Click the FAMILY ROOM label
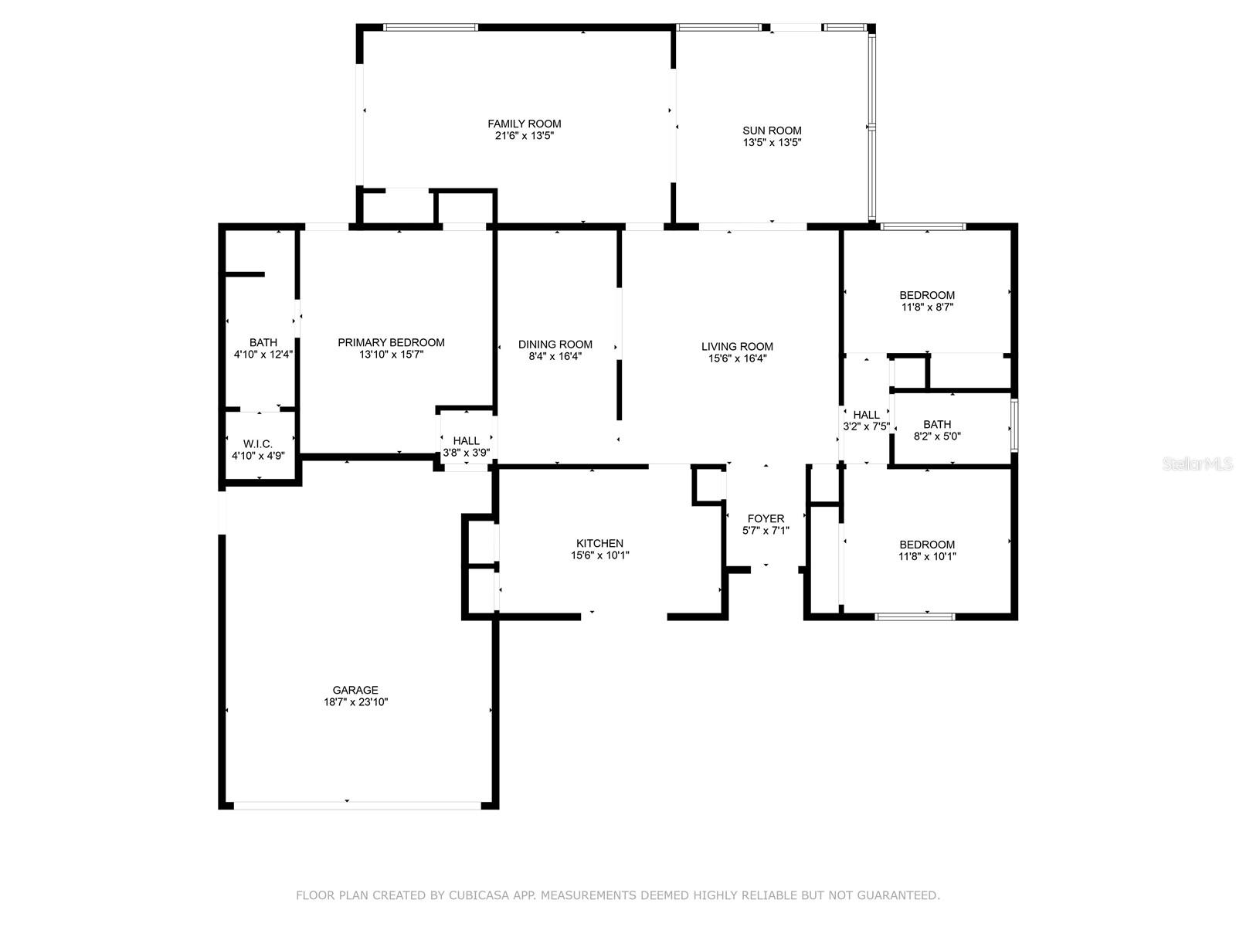tap(524, 124)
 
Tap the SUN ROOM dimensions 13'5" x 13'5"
tap(772, 142)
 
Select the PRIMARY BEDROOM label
tap(391, 342)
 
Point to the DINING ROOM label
tap(555, 345)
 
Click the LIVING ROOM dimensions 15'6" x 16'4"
tap(737, 358)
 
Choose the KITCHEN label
tap(599, 543)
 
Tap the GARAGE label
tap(355, 690)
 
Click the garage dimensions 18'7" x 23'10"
tap(355, 702)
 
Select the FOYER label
tap(766, 518)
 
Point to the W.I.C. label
tap(258, 444)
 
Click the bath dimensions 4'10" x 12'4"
tap(263, 354)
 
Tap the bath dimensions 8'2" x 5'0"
tap(936, 436)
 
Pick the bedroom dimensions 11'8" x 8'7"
tap(926, 307)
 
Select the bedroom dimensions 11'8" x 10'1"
tap(927, 557)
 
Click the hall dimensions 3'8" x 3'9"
tap(466, 453)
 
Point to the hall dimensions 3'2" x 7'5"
tap(866, 426)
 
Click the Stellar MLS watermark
tap(1197, 463)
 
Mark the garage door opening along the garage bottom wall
tap(358, 806)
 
